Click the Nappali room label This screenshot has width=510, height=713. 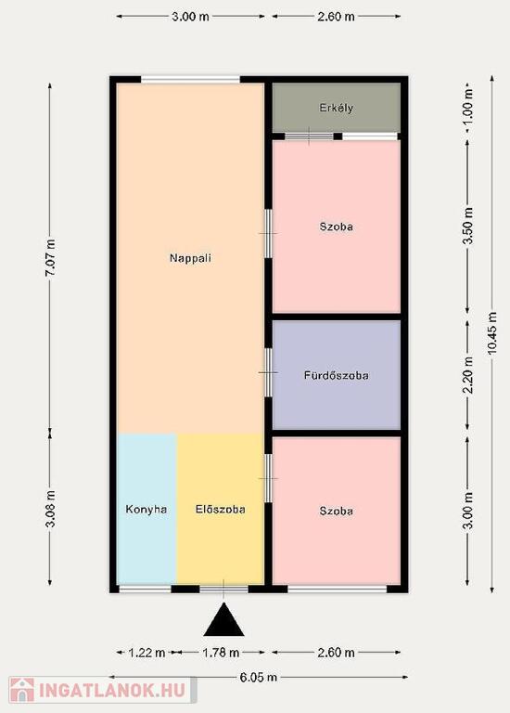coord(190,258)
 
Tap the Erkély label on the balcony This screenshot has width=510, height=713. coord(336,109)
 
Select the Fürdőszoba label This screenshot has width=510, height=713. coord(336,376)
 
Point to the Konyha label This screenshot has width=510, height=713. coord(147,510)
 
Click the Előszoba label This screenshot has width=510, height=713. coord(221,510)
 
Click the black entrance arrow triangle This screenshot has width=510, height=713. coord(223,619)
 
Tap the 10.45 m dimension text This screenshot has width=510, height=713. coord(491,334)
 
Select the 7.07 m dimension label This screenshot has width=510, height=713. coord(50,257)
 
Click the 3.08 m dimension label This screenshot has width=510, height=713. coord(50,509)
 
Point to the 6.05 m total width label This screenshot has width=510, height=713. coord(258,678)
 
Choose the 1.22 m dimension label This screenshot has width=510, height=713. coord(147,653)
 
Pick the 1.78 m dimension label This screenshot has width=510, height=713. coord(221,653)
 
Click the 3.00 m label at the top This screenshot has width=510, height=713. coord(190,17)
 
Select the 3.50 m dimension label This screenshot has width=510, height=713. coord(468,226)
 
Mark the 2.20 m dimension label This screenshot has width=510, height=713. coord(468,375)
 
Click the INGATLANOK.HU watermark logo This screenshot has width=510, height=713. coord(103,691)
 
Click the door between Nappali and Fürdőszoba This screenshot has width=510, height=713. coord(268,372)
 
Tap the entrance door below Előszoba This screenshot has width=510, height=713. coord(223,590)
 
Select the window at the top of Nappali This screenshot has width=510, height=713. coord(190,80)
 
